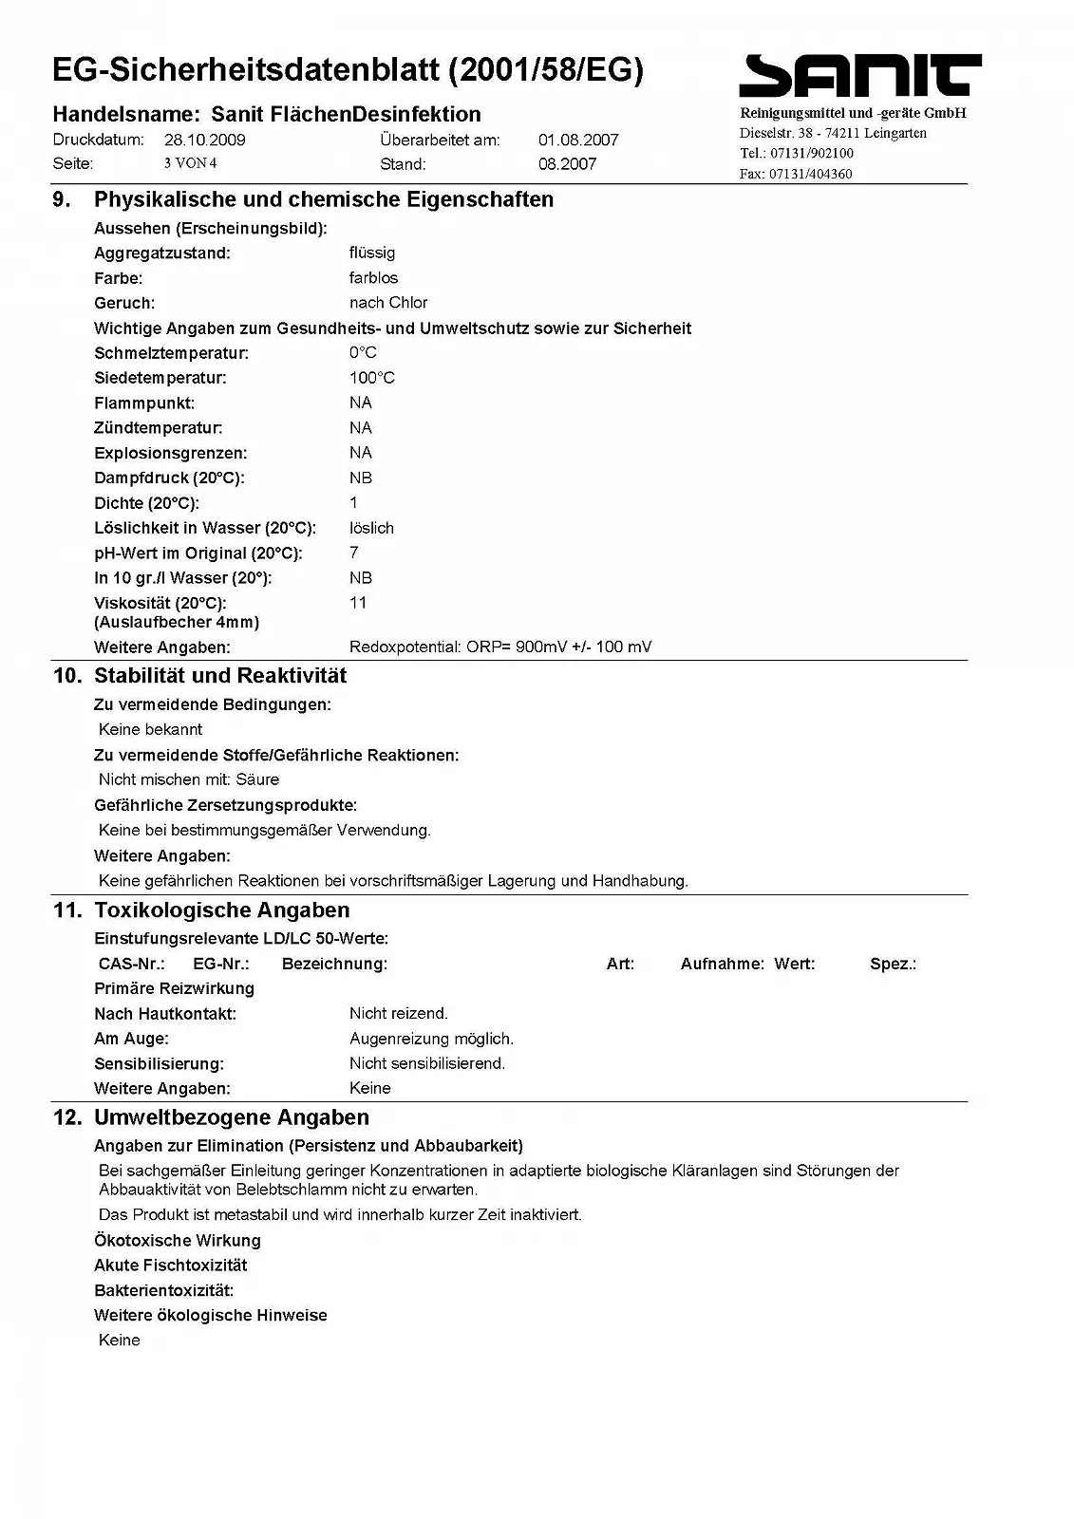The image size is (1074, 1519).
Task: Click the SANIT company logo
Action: pos(859,76)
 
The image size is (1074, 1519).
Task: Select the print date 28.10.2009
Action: pos(204,140)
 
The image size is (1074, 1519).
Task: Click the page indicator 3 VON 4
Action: pos(190,163)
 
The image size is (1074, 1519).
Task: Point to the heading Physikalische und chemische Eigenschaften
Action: pos(323,199)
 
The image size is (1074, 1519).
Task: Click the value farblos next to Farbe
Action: pos(373,278)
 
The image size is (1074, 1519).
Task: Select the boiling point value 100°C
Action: pos(371,378)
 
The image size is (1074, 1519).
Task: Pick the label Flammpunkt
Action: pos(143,403)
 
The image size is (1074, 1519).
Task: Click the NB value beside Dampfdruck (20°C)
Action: pos(361,478)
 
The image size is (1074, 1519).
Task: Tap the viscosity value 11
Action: pos(358,603)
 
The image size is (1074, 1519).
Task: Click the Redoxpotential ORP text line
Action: pos(500,647)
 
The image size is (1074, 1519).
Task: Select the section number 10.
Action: pos(67,676)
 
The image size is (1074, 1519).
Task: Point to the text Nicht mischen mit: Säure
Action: pos(189,779)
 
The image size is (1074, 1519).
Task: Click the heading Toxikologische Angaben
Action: pos(221,910)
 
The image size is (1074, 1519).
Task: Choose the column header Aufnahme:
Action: pos(722,964)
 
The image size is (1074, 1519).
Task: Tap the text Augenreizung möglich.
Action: pos(431,1039)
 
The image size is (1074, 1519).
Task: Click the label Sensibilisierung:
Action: pos(159,1064)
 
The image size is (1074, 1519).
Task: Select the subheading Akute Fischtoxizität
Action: pos(170,1266)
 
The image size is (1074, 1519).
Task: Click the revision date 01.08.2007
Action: pos(578,140)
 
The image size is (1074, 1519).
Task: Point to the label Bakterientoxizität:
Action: pos(163,1290)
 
